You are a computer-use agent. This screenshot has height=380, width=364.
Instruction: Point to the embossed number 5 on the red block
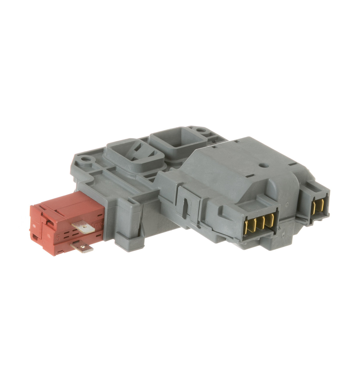tap(58, 237)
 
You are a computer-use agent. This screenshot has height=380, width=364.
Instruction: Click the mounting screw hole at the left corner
tap(86, 160)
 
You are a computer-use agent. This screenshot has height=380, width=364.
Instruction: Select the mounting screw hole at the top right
tap(201, 130)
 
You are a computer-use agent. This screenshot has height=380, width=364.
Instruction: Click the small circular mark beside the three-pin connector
tap(286, 205)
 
